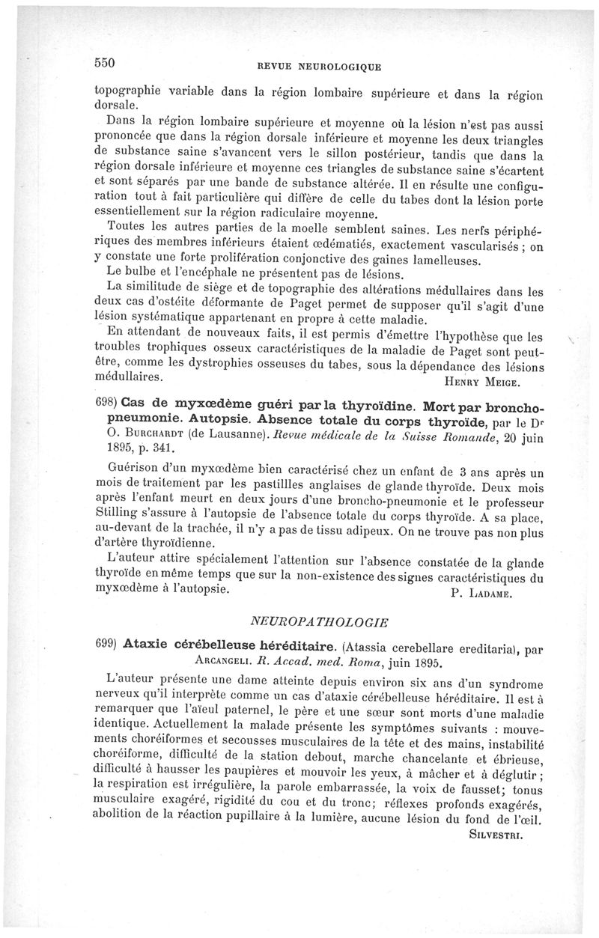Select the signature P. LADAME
(480, 594)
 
